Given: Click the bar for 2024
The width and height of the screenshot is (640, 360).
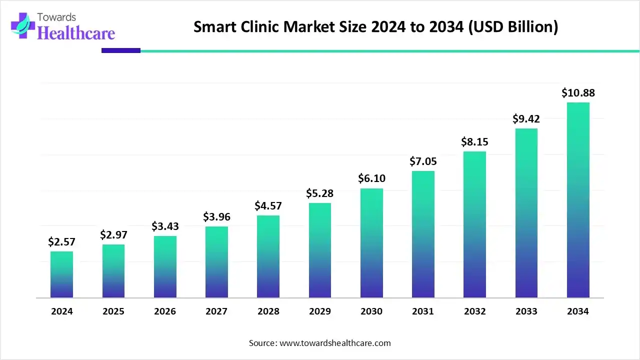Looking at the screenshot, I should (x=61, y=274).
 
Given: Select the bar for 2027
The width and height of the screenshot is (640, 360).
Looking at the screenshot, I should (x=216, y=262).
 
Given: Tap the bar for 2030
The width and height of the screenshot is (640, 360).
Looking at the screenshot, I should (x=371, y=243).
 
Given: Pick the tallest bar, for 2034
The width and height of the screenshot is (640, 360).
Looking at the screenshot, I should (x=578, y=200).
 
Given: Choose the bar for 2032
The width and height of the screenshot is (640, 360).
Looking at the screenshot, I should (x=474, y=224).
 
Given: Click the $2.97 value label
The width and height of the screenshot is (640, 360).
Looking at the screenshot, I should (x=113, y=234).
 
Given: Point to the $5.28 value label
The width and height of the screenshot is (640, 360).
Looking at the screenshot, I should (x=320, y=193).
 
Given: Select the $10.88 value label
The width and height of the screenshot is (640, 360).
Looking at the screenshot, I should (x=578, y=92).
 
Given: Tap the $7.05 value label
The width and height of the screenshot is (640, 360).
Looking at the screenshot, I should (x=423, y=161).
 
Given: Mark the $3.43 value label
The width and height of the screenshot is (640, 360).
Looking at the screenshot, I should (x=165, y=226).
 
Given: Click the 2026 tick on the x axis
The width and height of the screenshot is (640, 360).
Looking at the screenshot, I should (x=165, y=311).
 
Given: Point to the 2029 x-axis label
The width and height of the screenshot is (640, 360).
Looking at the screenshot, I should (x=320, y=311).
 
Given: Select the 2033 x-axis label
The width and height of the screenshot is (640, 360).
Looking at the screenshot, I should (x=526, y=311).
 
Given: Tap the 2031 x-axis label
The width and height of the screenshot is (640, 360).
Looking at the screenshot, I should (x=423, y=311).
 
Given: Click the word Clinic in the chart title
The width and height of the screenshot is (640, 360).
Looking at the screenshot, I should (x=261, y=27).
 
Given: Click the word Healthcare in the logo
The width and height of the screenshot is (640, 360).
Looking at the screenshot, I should (x=76, y=33).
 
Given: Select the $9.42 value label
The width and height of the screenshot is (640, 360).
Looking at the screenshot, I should (x=526, y=118).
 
